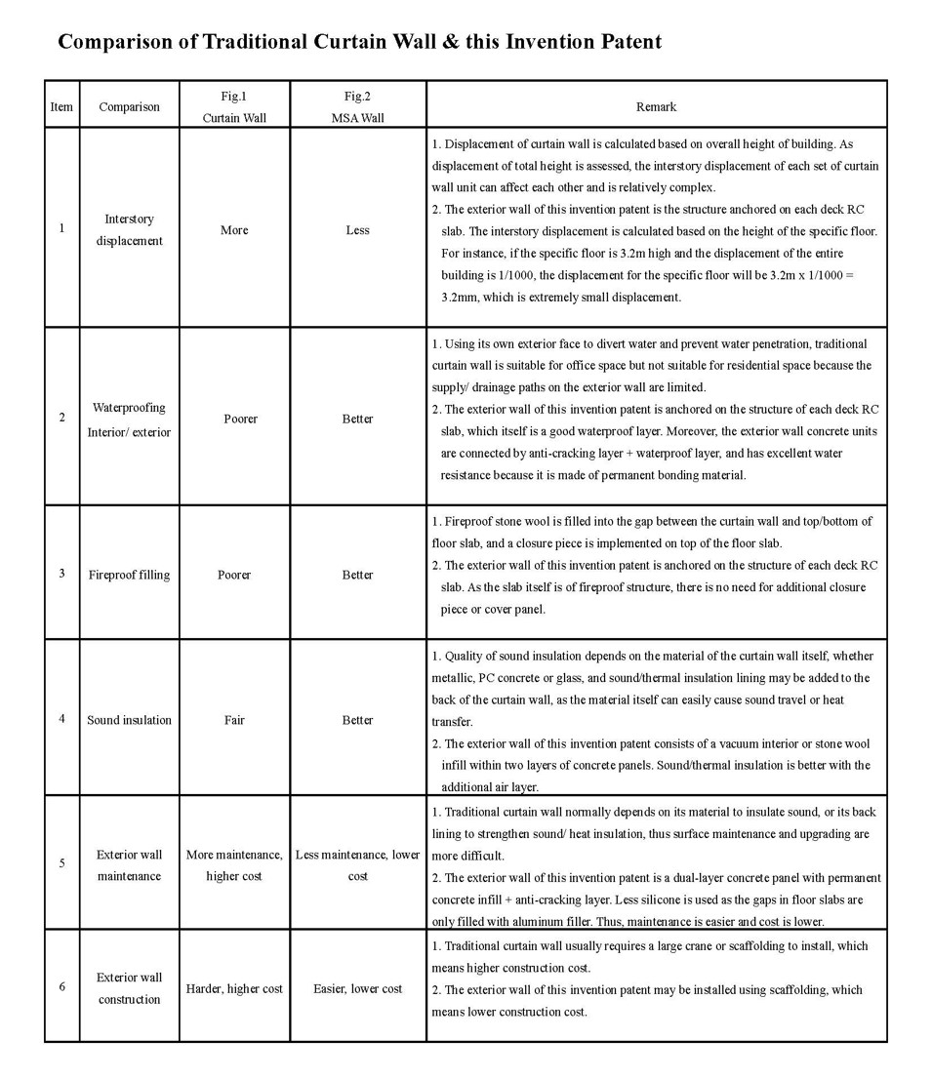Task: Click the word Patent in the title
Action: tap(629, 42)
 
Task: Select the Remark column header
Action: tap(656, 106)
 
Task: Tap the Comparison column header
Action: tap(129, 106)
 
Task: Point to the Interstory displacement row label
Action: tap(129, 229)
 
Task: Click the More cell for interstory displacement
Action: tap(234, 230)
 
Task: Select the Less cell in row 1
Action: tap(357, 230)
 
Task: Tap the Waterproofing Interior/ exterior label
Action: tap(129, 420)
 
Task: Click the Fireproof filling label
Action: tap(129, 575)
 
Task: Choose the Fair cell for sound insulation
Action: tap(234, 720)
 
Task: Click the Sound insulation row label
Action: tap(129, 720)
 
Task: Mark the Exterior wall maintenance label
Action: tap(129, 865)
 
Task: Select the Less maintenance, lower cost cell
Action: tap(357, 865)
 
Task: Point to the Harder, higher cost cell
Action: tap(234, 988)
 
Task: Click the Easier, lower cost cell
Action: tap(357, 988)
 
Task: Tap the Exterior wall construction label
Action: tap(129, 988)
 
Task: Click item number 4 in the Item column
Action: tap(61, 719)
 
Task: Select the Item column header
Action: tap(61, 106)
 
